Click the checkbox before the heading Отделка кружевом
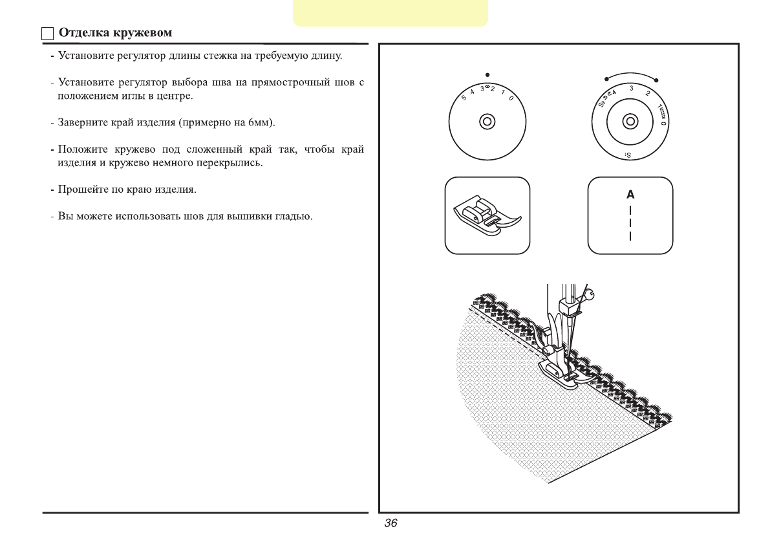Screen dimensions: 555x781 pos(47,34)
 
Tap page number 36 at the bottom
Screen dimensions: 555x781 pos(391,523)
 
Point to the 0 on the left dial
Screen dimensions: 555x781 pos(511,98)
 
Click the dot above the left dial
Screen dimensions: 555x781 pos(487,74)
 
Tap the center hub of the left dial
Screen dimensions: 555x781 pos(487,122)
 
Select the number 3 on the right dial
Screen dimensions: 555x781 pos(631,88)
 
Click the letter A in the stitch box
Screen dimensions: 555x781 pos(630,194)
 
